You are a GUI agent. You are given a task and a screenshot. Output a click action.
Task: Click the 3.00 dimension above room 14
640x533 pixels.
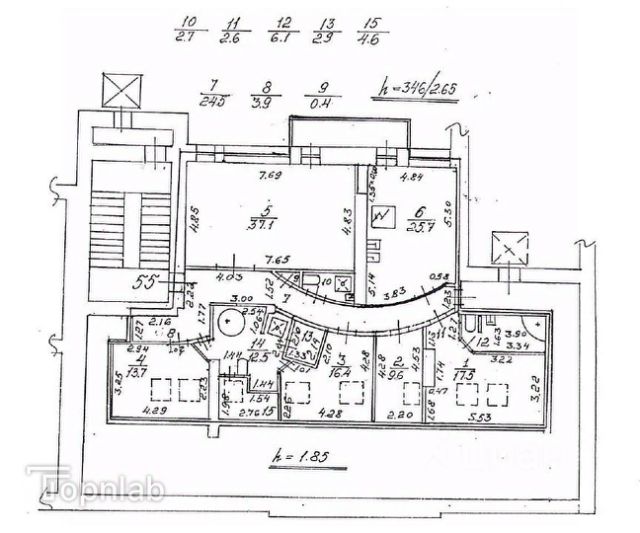point(241,299)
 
